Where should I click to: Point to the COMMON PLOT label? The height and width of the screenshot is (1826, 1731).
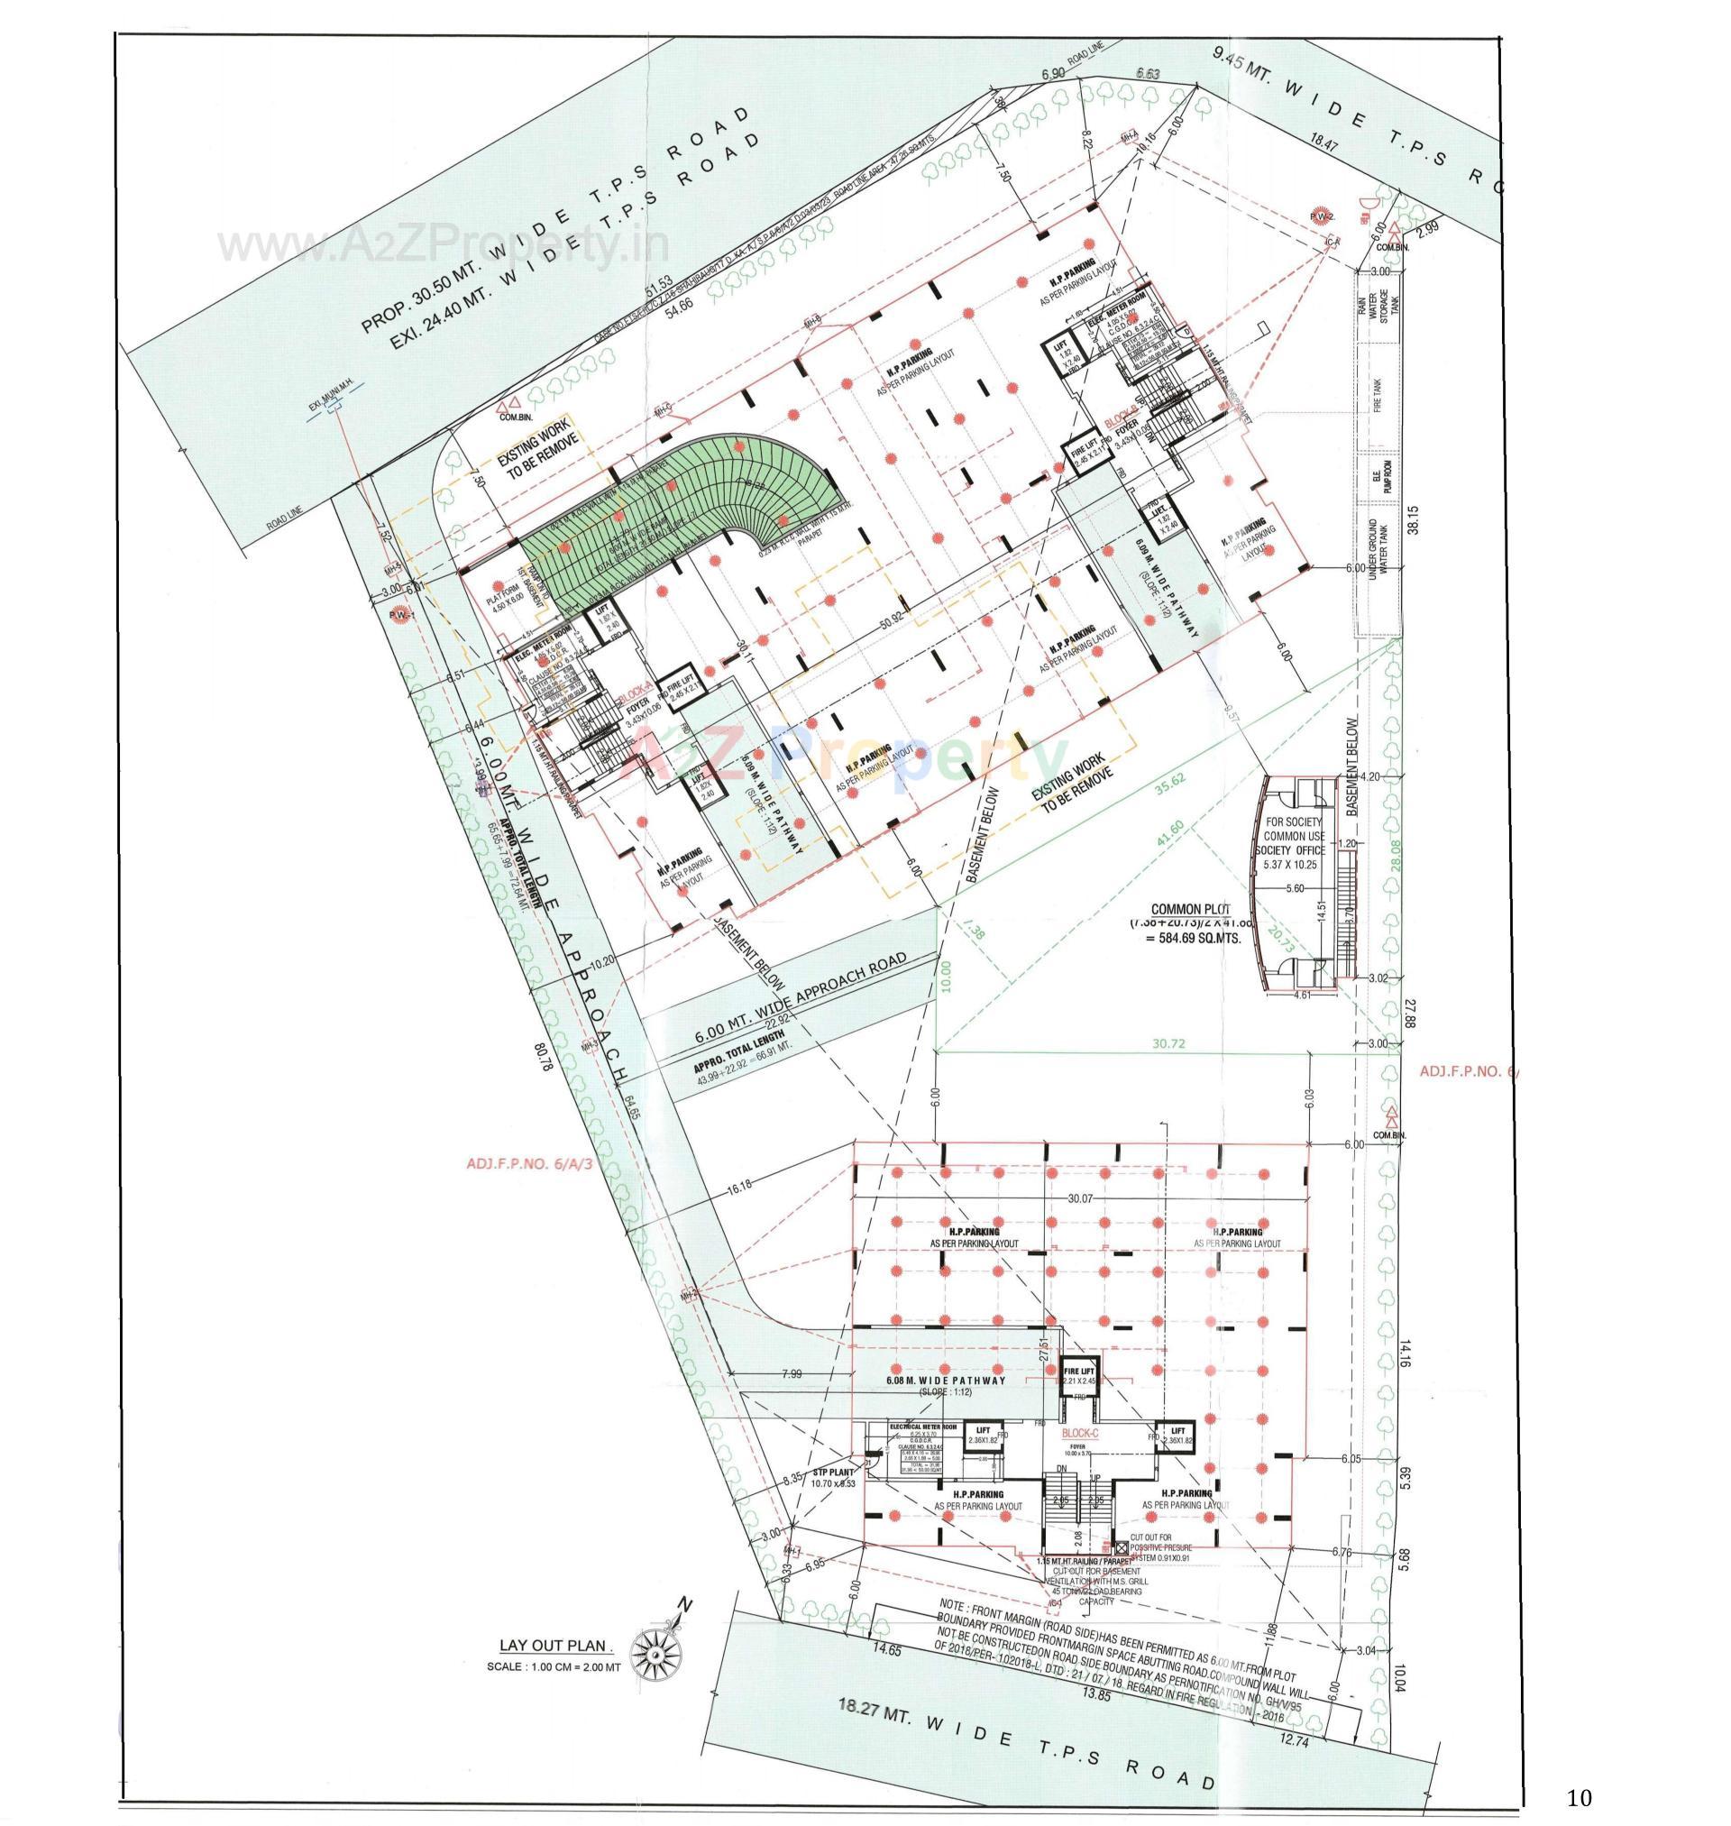(x=1190, y=909)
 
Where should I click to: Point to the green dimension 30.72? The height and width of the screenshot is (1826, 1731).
(x=1167, y=1044)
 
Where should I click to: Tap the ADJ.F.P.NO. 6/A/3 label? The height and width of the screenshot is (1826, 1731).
(x=529, y=1163)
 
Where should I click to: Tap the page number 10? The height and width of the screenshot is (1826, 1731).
(x=1579, y=1797)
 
